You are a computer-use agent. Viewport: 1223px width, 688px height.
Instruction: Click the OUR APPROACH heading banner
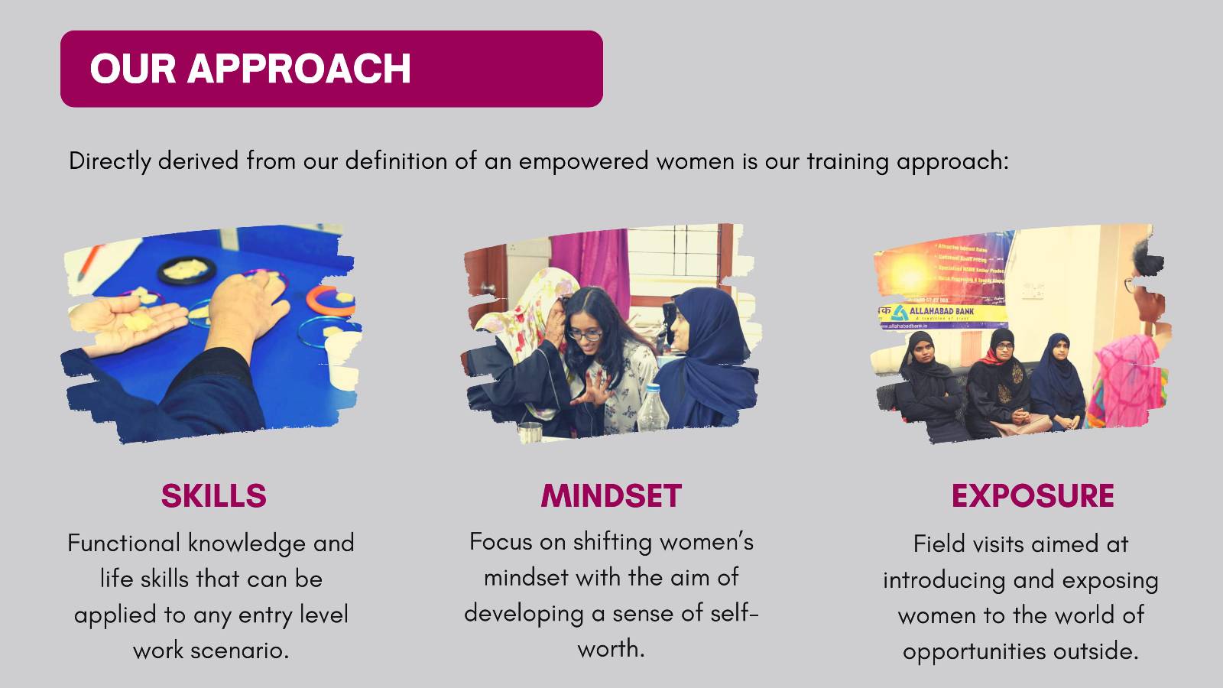tap(331, 69)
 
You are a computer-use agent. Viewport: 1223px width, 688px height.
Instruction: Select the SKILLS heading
tap(213, 496)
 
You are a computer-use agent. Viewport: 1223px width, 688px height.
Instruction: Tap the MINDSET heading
tap(611, 496)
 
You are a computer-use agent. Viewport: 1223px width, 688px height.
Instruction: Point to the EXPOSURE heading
tap(1032, 496)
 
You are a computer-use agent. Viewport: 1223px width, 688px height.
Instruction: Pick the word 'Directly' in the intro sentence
tap(110, 161)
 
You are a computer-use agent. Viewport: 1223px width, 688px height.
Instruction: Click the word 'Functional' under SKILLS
tap(125, 544)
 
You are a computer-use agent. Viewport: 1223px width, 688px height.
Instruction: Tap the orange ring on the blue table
tap(329, 300)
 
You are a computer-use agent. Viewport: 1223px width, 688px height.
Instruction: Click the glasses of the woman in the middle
tap(583, 333)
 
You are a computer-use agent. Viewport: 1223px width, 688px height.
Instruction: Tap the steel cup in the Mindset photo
tap(530, 432)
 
